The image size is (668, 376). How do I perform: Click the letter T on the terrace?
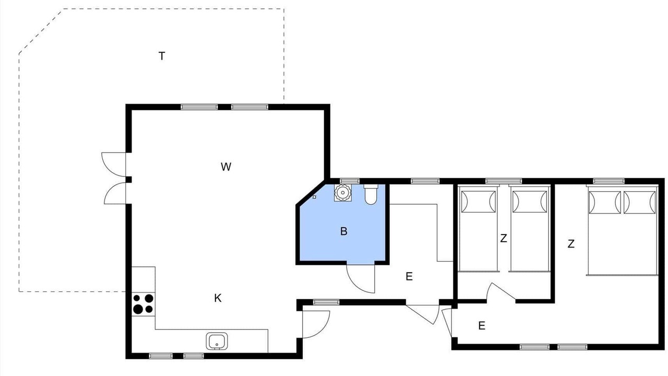click(162, 56)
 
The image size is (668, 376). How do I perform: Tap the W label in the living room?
click(226, 167)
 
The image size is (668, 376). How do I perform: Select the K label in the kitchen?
click(218, 298)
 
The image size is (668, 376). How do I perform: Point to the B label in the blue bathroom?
click(343, 231)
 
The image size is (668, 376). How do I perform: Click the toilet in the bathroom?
click(371, 194)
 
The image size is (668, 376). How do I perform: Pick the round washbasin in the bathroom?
click(343, 193)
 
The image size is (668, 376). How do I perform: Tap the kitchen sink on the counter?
click(217, 341)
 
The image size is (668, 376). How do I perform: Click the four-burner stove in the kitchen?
click(143, 304)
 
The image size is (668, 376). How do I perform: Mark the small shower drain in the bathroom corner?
click(314, 197)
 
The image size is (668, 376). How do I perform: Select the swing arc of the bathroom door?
click(355, 286)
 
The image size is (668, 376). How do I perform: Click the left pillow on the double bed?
click(605, 202)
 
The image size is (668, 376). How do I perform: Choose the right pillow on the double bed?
click(640, 202)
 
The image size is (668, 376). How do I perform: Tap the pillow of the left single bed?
click(479, 202)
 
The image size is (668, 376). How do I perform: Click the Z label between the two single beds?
click(504, 239)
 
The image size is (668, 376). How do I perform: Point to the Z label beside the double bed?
click(571, 244)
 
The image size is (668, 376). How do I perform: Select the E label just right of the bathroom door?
click(409, 277)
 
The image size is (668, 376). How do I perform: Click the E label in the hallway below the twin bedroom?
click(482, 325)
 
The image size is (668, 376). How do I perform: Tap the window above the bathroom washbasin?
click(350, 181)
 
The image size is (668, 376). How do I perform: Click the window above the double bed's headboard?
click(609, 181)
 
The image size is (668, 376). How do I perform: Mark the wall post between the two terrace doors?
click(128, 179)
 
